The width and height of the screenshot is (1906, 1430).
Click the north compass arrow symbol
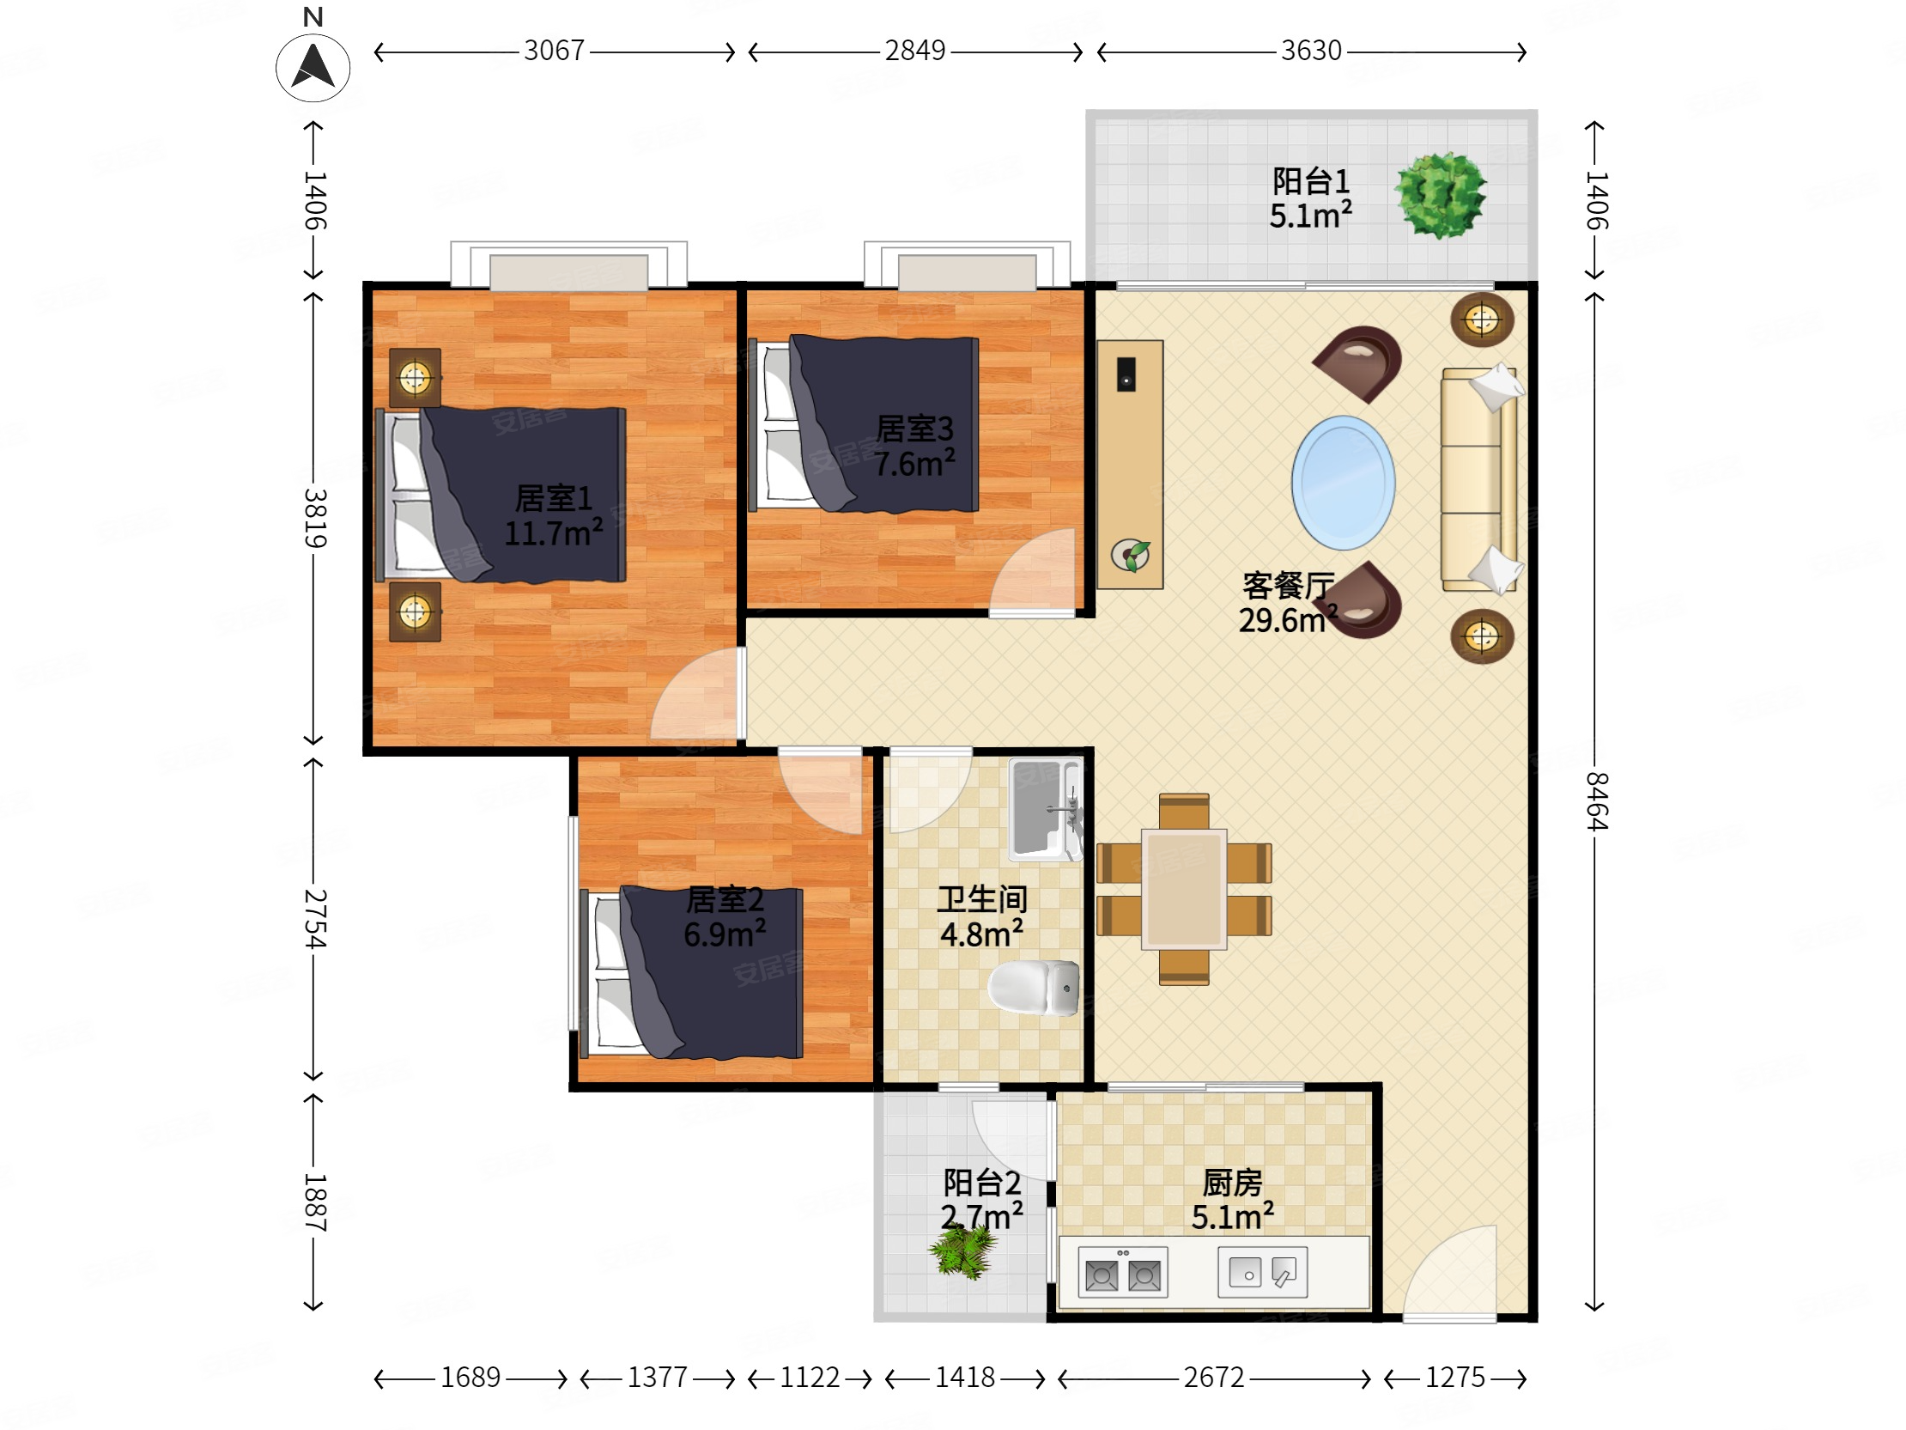point(313,67)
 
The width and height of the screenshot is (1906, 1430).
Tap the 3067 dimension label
point(554,51)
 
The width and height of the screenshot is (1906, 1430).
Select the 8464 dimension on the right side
point(1596,800)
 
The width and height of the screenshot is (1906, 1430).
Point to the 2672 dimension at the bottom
point(1213,1378)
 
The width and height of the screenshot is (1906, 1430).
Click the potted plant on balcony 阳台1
point(1441,195)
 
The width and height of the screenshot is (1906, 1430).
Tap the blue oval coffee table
point(1343,483)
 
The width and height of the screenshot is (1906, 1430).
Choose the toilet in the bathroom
point(1034,988)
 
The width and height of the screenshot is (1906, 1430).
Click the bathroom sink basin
point(1045,809)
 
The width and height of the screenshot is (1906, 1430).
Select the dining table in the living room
point(1184,889)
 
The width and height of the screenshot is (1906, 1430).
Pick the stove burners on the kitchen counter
point(1123,1272)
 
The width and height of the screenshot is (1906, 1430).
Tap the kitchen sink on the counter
point(1262,1272)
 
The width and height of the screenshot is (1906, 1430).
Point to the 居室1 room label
point(553,498)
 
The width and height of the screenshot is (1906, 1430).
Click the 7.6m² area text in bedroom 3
point(914,463)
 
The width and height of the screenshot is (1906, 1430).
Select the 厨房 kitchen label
point(1232,1183)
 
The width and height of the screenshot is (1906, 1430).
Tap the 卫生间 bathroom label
point(982,899)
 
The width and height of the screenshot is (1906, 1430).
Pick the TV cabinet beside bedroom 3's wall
point(1130,465)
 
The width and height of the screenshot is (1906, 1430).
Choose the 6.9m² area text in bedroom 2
point(725,934)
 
